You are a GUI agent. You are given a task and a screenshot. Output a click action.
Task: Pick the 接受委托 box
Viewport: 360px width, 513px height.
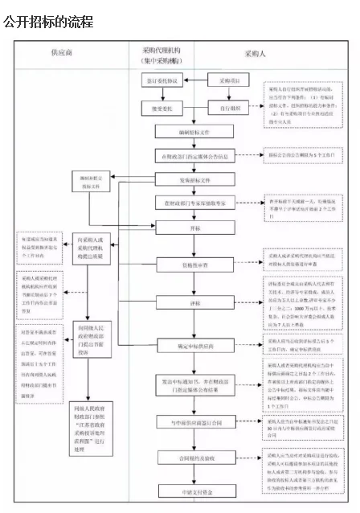pos(158,105)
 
